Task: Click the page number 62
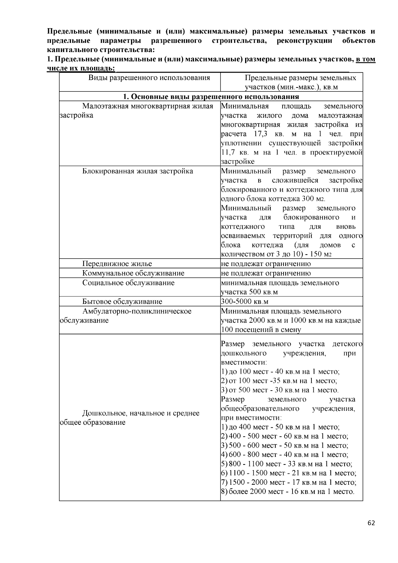coord(371,523)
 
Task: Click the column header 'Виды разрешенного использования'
coord(149,78)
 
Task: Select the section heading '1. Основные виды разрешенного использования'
coord(211,97)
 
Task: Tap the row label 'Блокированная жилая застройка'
coord(138,171)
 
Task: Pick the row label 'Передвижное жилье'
coord(117,264)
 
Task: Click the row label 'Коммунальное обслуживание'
coord(133,273)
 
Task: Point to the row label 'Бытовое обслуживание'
coord(122,301)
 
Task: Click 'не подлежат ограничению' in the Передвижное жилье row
coord(266,264)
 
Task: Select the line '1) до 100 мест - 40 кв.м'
coord(280,372)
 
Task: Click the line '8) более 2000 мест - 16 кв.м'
coord(288,492)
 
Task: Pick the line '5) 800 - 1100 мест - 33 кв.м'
coord(287,464)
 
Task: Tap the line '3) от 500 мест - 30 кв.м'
coord(280,390)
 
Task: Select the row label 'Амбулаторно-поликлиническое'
coord(137,311)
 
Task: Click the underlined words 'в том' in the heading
coord(365,59)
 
